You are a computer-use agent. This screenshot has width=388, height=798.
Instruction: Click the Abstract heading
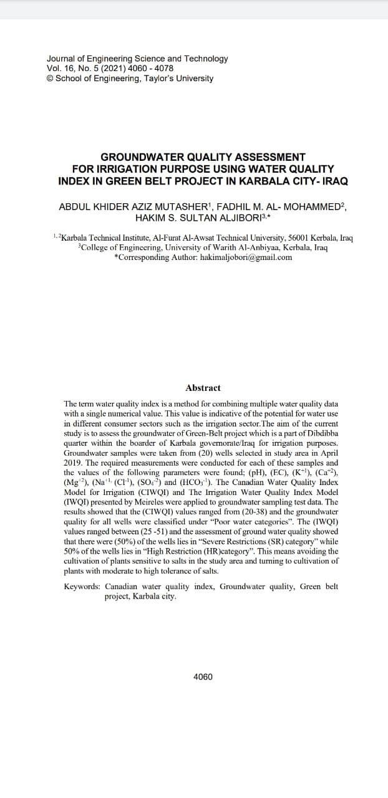point(203,388)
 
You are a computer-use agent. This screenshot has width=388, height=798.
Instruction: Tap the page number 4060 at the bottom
point(203,676)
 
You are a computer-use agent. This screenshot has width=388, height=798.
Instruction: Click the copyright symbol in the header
point(50,79)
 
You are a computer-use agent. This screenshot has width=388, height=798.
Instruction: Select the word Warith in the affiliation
point(238,248)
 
